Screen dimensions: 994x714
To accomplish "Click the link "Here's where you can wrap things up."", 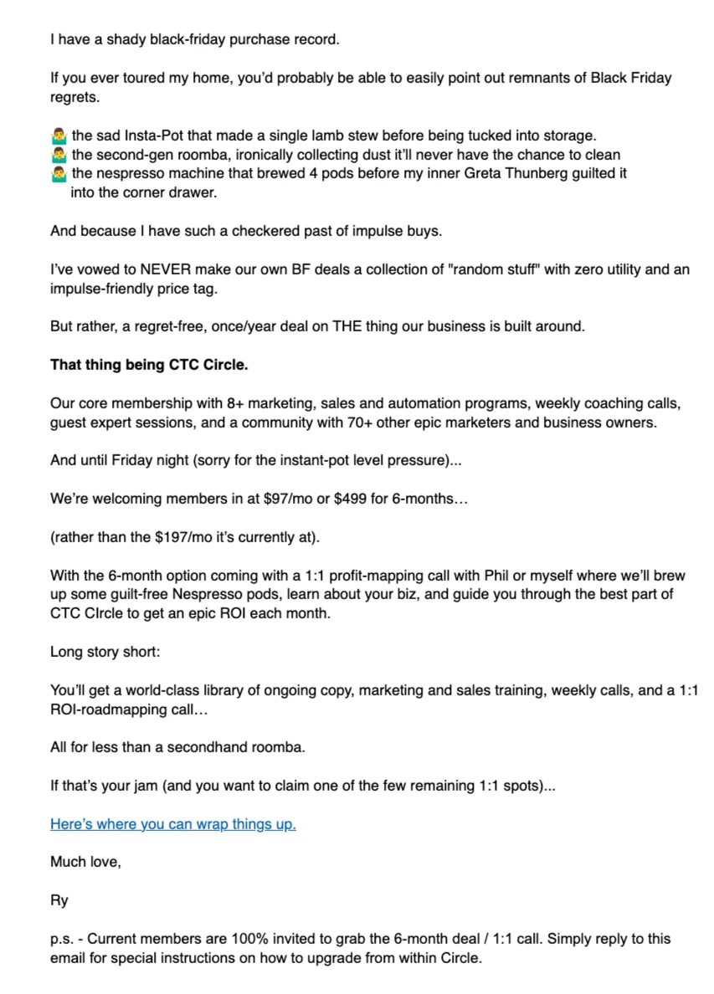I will pyautogui.click(x=173, y=824).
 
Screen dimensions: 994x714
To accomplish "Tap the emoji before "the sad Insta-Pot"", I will pyautogui.click(x=59, y=135).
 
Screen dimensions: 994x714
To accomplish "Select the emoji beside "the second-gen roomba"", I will pyautogui.click(x=59, y=154).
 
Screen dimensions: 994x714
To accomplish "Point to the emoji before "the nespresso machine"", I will pyautogui.click(x=59, y=174).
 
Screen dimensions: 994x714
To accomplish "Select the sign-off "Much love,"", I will pyautogui.click(x=85, y=862).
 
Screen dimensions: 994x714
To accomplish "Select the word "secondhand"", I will pyautogui.click(x=204, y=747).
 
